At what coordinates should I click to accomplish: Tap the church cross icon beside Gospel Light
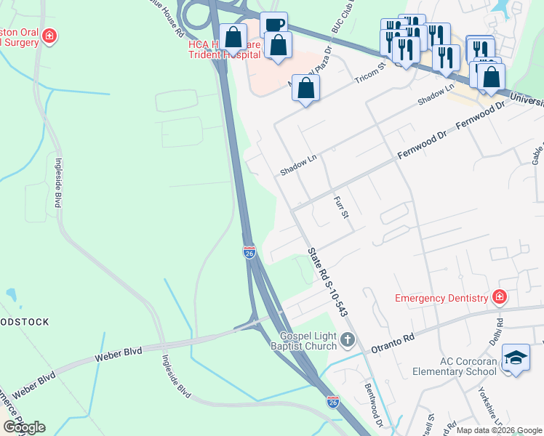pos(348,339)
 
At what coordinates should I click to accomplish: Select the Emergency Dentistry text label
pos(441,298)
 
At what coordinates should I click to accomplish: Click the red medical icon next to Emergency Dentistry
pos(499,296)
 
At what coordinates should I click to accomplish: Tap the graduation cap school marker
pos(516,358)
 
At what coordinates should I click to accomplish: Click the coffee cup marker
pos(273,25)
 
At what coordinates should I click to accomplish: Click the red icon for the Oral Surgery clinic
pos(49,36)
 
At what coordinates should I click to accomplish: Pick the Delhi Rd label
pos(499,331)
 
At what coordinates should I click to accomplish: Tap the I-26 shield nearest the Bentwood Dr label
pos(332,401)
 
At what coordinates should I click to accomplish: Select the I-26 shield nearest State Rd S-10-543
pos(249,252)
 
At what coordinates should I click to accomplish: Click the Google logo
pos(24,427)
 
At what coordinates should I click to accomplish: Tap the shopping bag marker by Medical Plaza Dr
pos(306,89)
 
